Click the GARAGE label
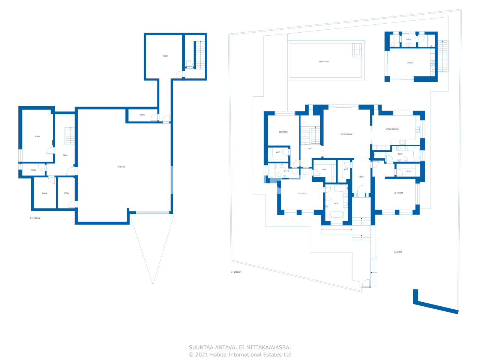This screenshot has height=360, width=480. point(121,167)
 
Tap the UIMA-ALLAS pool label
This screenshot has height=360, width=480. point(324,61)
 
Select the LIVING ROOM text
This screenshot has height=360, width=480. point(346,134)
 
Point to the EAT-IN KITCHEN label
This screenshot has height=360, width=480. point(392,129)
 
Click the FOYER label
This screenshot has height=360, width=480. point(361,177)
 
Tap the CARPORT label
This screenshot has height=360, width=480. point(398,252)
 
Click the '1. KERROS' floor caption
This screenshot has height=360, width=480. point(35,218)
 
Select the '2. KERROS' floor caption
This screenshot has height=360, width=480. point(236,272)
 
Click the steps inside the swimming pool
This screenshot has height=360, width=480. point(357,50)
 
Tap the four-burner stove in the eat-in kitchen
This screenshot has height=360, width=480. point(402,142)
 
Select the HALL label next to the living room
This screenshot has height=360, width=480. point(310,148)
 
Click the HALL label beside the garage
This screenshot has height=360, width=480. point(65,155)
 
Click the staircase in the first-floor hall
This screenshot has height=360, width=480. point(70,136)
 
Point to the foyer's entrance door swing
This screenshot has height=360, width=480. point(361,190)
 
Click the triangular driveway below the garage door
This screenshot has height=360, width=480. point(152,244)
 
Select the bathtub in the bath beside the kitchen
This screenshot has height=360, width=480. point(417,154)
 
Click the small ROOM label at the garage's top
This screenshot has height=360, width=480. point(142,115)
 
